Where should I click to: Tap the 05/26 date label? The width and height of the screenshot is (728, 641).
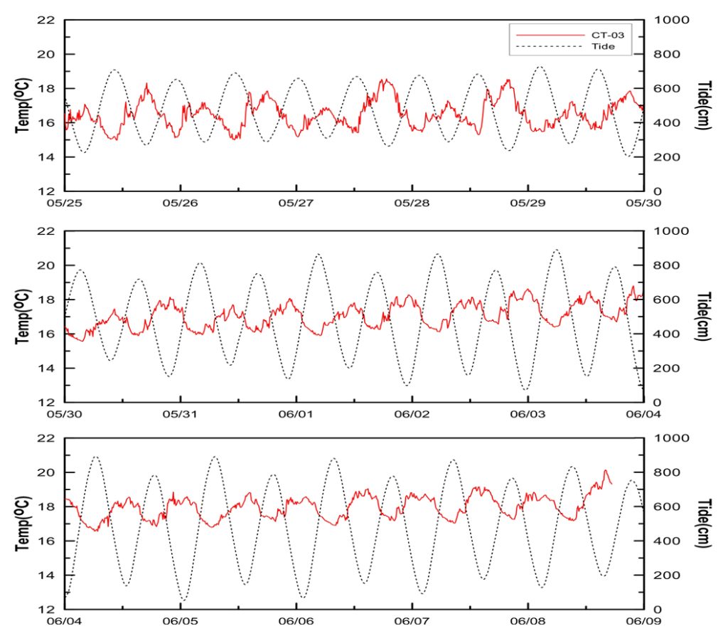181,203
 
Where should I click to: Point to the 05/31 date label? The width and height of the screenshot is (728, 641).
181,414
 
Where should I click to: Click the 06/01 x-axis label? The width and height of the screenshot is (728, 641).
296,414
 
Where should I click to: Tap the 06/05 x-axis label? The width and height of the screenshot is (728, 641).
181,621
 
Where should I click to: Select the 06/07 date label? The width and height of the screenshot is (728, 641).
412,621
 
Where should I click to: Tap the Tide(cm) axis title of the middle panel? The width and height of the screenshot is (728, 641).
704,316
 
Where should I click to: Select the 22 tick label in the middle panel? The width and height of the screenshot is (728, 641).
46,231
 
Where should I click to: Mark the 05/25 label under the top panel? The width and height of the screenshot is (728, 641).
65,203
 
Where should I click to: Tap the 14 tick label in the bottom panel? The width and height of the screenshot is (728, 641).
46,575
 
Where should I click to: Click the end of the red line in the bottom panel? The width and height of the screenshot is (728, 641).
611,483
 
